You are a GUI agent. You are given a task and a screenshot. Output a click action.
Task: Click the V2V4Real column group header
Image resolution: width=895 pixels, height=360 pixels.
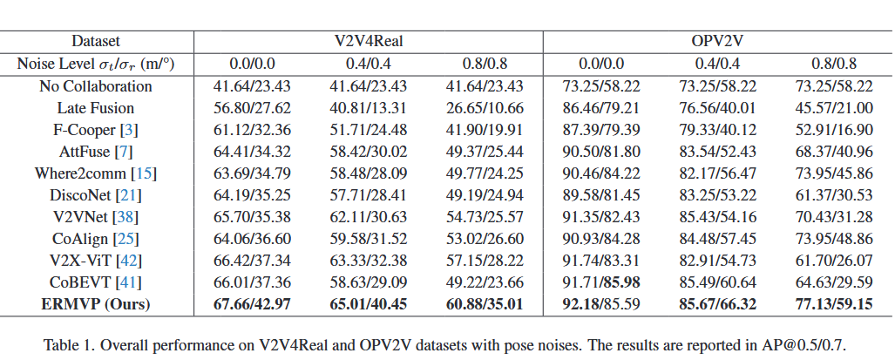(x=368, y=41)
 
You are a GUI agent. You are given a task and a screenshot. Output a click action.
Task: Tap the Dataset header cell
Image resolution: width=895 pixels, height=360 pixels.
(x=96, y=41)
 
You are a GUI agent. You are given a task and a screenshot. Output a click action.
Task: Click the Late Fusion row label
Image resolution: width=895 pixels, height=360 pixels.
(x=96, y=108)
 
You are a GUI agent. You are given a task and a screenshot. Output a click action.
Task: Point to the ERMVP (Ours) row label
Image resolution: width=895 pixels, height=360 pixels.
(x=96, y=304)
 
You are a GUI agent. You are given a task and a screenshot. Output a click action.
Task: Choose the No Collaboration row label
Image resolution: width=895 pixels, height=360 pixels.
(x=96, y=86)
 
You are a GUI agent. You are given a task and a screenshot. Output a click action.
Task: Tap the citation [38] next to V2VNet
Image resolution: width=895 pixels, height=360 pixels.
(x=128, y=217)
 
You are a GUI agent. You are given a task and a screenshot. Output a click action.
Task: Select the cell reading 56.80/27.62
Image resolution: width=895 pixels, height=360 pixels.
(x=252, y=108)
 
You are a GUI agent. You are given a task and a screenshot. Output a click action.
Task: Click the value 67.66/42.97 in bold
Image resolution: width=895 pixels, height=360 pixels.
(x=252, y=304)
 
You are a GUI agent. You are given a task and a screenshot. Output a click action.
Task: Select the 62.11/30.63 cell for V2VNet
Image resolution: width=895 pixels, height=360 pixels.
(x=368, y=217)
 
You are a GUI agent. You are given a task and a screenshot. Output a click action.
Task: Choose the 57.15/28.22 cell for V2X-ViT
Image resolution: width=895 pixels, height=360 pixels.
(x=485, y=261)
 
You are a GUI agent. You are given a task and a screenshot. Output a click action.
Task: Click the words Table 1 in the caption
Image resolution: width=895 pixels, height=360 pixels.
(x=68, y=344)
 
